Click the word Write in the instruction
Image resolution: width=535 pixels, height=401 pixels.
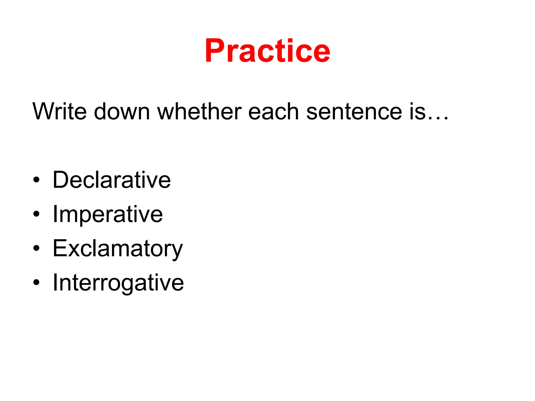tap(59, 111)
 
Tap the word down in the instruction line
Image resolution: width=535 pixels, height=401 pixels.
tap(122, 111)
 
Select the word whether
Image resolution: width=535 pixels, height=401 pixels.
tap(200, 111)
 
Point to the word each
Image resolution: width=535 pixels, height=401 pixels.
tap(273, 111)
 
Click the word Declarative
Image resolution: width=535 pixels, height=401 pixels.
tap(112, 180)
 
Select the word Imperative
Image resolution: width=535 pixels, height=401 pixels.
tap(108, 214)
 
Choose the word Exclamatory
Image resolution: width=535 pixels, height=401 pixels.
tap(118, 249)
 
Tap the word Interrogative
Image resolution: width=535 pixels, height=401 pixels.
tap(118, 283)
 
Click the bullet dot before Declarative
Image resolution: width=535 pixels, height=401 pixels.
tap(36, 180)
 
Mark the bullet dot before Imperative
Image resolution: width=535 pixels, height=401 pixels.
tap(36, 214)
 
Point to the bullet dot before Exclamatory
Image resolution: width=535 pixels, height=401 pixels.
tap(36, 248)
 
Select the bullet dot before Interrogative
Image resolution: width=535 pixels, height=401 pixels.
tap(36, 282)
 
